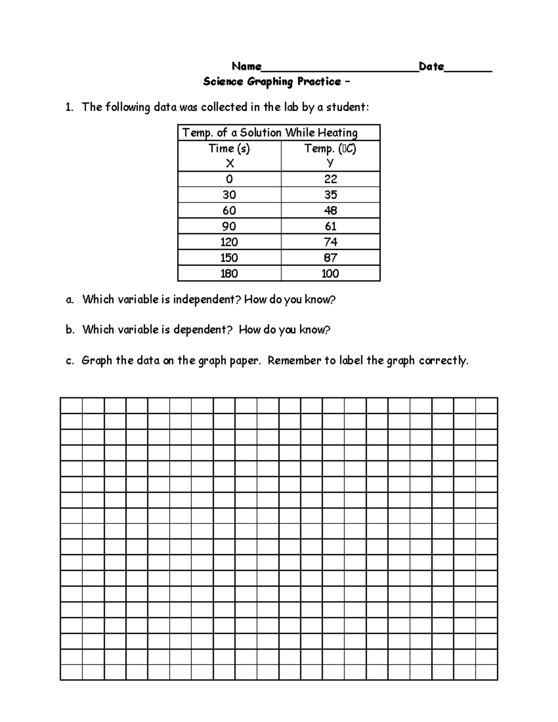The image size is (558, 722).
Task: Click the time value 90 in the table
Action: click(229, 226)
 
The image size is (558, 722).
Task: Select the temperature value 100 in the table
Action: click(330, 274)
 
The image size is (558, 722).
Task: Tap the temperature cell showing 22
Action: click(331, 179)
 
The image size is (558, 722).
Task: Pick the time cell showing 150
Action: click(229, 258)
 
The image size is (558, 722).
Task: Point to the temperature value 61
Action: click(331, 226)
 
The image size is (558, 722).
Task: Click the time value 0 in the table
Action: click(229, 179)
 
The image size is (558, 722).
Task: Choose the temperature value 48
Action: click(331, 211)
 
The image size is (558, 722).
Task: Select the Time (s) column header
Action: click(229, 149)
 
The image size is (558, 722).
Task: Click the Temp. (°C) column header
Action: click(330, 149)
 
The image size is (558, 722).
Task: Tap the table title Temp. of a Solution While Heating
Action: click(270, 133)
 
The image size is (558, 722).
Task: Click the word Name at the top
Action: click(246, 66)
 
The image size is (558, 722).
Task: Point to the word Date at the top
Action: click(431, 66)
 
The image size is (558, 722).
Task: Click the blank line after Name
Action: click(339, 70)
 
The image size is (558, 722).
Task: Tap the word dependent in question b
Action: click(202, 330)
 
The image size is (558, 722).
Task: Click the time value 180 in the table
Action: click(229, 274)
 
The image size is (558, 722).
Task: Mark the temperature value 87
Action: click(331, 258)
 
